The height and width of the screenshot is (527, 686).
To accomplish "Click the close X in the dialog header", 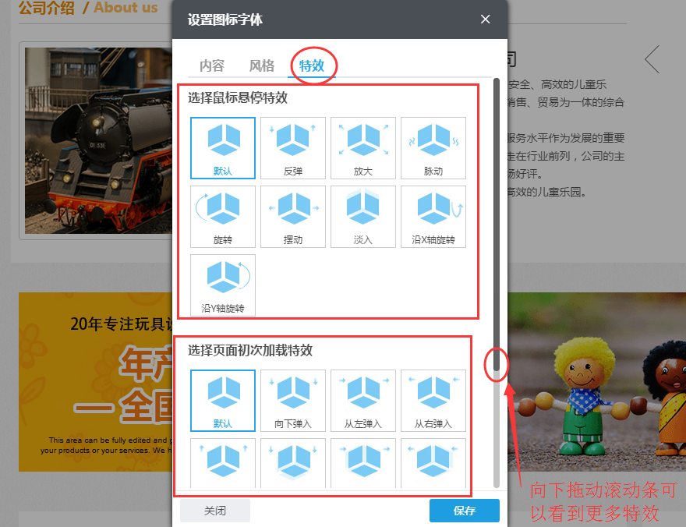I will (x=486, y=19).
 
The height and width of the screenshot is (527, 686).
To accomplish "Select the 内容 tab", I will (x=212, y=65).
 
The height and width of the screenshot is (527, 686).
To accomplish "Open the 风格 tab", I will (x=262, y=65).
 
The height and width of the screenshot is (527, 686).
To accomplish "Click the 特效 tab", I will (x=312, y=65).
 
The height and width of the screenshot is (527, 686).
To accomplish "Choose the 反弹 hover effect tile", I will (x=293, y=148).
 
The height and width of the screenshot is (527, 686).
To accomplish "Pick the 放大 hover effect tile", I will (x=363, y=148).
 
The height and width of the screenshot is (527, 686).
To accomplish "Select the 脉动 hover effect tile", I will (x=433, y=148).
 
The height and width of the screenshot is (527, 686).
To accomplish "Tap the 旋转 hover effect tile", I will (x=223, y=217).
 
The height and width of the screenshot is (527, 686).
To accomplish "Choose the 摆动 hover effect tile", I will (x=293, y=217).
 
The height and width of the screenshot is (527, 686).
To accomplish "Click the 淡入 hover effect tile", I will (x=363, y=217).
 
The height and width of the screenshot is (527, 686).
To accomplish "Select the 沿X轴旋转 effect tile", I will (x=433, y=217).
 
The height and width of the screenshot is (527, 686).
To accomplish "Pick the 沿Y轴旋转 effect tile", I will (x=223, y=285).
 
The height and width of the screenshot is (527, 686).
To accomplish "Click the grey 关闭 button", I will (x=215, y=511).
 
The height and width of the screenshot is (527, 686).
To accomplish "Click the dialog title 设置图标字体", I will (x=225, y=20).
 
